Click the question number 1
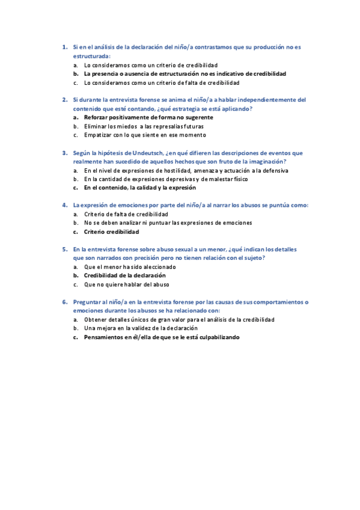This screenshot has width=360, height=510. (x=64, y=46)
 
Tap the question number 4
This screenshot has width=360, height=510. (x=64, y=204)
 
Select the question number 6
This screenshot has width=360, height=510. (x=64, y=301)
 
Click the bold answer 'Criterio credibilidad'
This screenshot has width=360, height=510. (x=111, y=232)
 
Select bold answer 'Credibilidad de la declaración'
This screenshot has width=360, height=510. (x=124, y=275)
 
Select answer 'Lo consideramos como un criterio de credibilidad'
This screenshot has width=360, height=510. (x=150, y=64)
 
